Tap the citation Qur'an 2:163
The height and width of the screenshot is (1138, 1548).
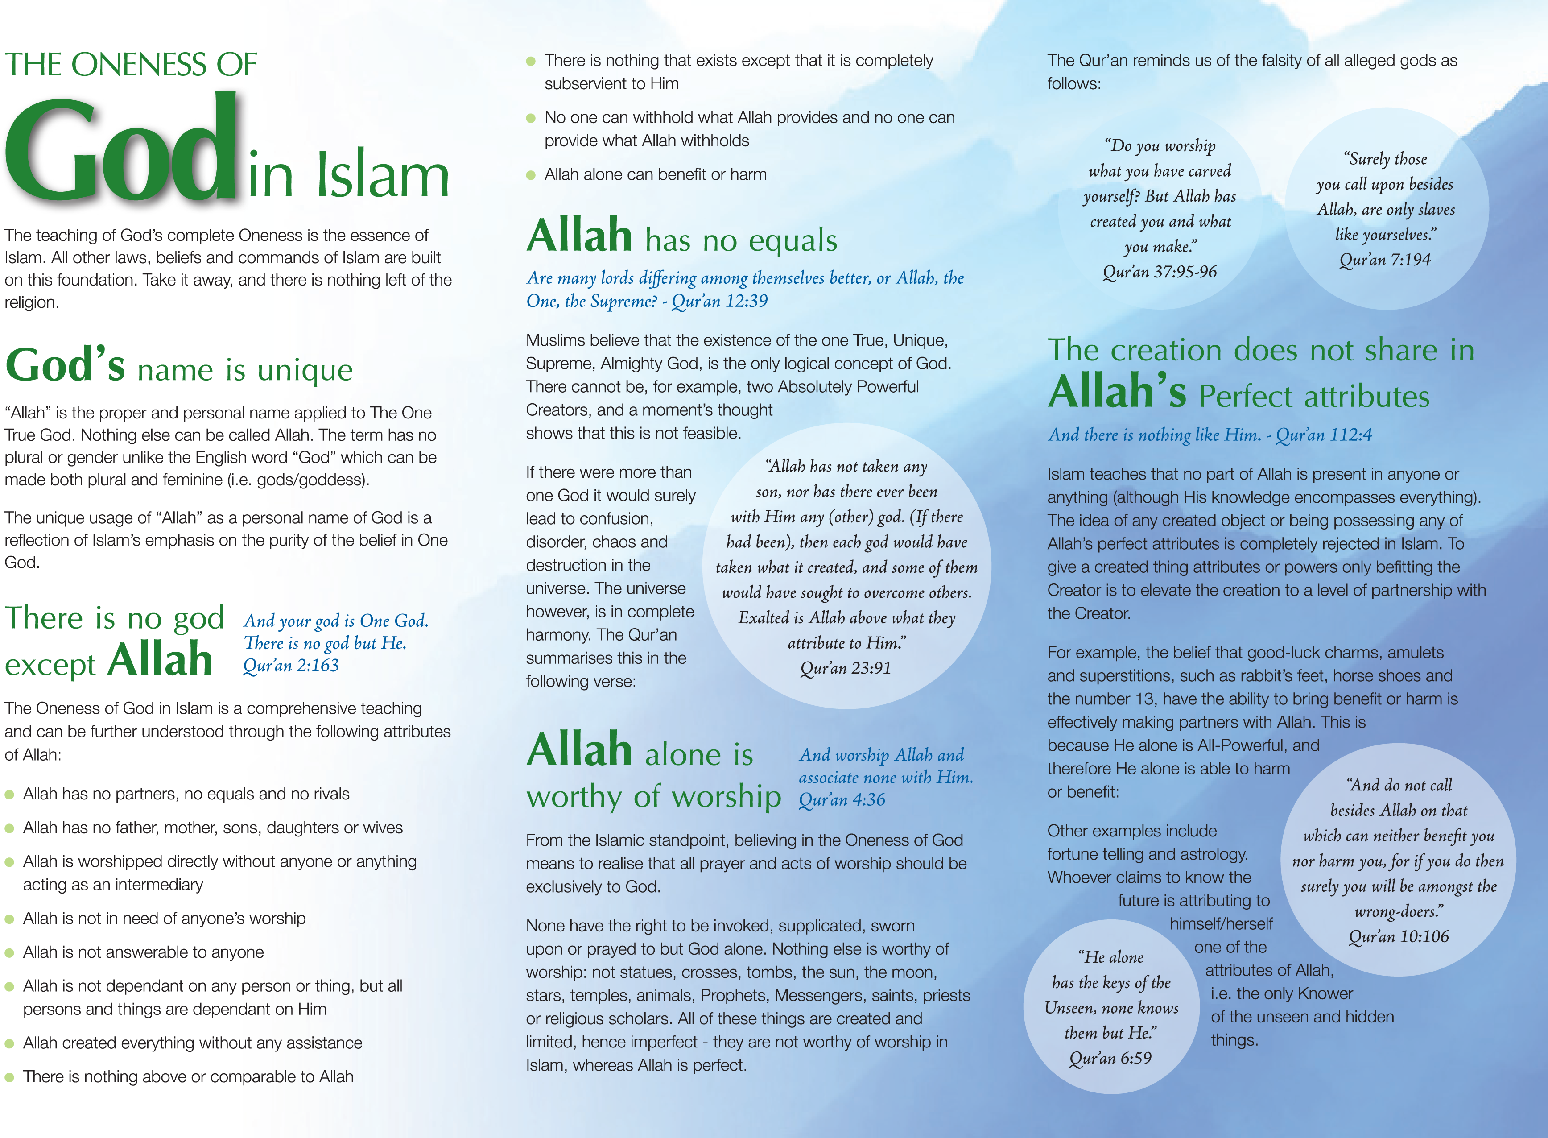pos(291,666)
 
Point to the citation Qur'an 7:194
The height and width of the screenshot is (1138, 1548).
pos(1385,260)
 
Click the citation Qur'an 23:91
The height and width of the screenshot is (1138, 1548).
pos(846,668)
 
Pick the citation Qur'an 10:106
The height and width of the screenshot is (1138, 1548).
pos(1399,937)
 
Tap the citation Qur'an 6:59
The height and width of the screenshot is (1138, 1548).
pos(1110,1058)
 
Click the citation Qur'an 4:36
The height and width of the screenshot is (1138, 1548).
pos(842,800)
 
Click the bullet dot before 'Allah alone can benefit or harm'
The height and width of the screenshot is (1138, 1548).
pos(531,175)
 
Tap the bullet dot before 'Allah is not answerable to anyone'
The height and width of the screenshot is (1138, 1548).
pos(10,953)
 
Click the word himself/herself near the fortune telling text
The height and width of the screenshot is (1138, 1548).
pos(1221,924)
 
